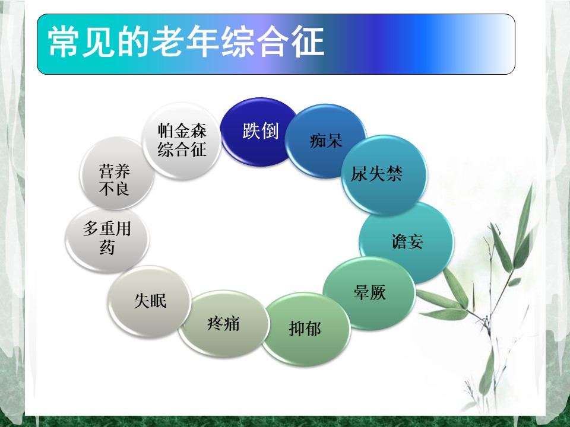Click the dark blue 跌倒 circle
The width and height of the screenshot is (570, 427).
click(259, 132)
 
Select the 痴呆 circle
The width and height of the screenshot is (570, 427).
click(326, 141)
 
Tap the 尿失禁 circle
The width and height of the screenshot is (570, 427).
click(384, 175)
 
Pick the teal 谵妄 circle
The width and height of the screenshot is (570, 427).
click(406, 243)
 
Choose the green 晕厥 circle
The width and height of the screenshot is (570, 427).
click(369, 293)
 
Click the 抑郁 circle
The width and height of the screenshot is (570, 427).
click(305, 329)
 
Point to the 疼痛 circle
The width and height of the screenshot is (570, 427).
click(224, 324)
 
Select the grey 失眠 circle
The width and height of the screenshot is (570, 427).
click(150, 301)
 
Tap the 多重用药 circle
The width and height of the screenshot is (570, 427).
click(107, 239)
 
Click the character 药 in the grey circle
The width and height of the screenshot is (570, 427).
click(107, 248)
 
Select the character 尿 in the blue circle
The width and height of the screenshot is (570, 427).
click(359, 174)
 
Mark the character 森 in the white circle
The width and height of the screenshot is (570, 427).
click(198, 130)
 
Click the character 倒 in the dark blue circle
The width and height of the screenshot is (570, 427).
click(270, 130)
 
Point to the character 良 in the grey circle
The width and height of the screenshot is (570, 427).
click(121, 189)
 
